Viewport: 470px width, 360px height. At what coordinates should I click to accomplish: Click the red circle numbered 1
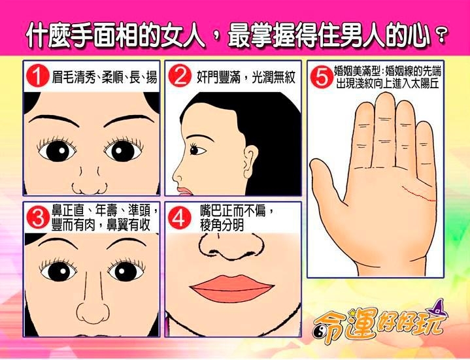click(x=37, y=76)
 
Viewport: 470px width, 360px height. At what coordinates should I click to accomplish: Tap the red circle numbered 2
click(x=180, y=76)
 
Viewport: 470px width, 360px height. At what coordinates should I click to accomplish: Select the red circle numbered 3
click(x=38, y=217)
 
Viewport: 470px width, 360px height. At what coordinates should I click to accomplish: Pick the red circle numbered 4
click(x=180, y=218)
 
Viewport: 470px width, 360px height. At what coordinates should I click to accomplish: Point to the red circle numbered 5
click(x=322, y=77)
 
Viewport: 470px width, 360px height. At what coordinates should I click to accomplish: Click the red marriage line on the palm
click(x=418, y=194)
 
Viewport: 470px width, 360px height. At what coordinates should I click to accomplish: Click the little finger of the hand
click(x=425, y=153)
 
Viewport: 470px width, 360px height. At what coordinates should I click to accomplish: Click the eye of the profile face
click(x=196, y=150)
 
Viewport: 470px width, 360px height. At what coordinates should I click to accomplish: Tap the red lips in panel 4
click(x=231, y=288)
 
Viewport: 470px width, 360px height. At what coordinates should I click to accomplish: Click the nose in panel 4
click(x=231, y=246)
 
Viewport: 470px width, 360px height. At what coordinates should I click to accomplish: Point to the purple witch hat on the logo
click(x=437, y=308)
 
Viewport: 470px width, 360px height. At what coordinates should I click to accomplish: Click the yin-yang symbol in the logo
click(x=319, y=331)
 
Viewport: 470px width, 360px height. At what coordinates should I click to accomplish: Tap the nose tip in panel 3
click(x=93, y=313)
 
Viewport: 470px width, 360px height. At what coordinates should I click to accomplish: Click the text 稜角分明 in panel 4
click(x=222, y=225)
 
